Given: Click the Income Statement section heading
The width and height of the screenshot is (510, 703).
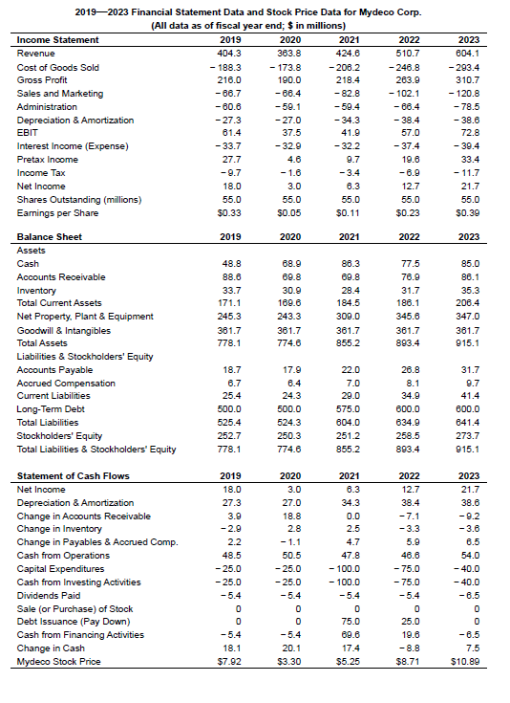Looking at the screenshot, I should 57,39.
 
